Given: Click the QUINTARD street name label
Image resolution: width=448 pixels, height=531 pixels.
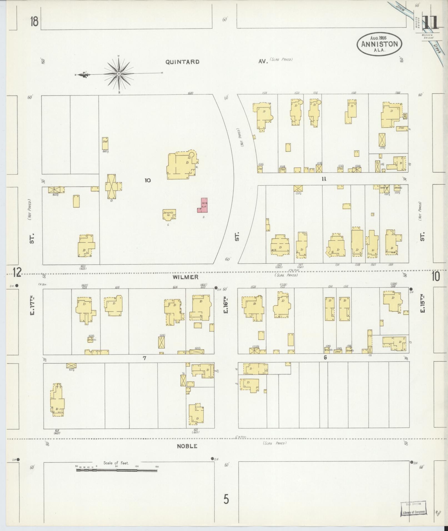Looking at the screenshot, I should point(182,62).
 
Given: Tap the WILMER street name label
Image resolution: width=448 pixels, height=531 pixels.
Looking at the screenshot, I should point(185,277).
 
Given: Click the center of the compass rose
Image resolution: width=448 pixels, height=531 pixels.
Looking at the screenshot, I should point(119,74).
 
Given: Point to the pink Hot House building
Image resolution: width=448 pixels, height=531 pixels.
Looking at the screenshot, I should point(204,205).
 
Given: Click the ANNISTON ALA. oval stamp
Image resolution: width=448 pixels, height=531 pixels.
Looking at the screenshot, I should point(379,44).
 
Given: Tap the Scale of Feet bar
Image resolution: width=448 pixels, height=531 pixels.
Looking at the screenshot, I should point(117,470).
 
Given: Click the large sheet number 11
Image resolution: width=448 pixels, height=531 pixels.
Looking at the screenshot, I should point(430,23).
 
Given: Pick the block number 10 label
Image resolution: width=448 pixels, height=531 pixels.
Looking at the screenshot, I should point(147,180).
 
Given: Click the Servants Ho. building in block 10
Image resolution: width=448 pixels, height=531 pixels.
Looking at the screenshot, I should point(169,214).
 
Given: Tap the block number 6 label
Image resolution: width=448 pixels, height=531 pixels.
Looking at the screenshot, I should point(325,358).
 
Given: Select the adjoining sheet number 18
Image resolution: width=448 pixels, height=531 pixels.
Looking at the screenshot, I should point(34,21).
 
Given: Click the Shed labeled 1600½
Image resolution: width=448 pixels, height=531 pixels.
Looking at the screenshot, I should point(105,144).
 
